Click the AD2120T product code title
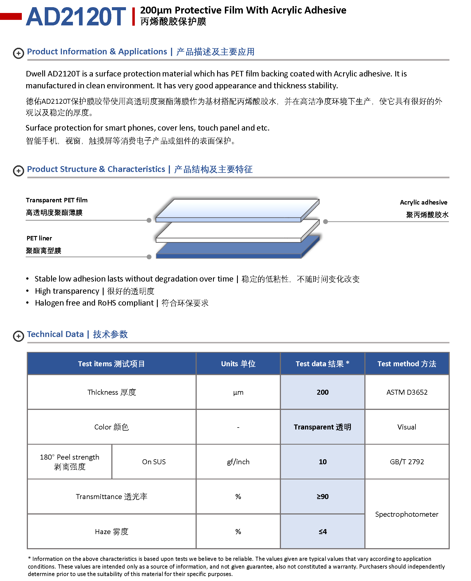(76, 17)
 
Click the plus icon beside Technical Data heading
(19, 336)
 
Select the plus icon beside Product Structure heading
(19, 171)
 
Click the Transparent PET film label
(57, 200)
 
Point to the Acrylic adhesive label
(423, 202)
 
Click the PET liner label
(39, 238)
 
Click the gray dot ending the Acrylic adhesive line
(325, 221)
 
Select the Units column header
(238, 364)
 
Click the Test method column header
(407, 364)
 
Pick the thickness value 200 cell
(322, 392)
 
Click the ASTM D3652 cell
(407, 392)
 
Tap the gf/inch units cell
(238, 462)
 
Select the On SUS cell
(154, 462)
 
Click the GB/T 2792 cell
(407, 462)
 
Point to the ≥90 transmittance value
(322, 497)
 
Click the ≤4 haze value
(322, 531)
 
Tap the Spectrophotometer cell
(407, 514)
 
